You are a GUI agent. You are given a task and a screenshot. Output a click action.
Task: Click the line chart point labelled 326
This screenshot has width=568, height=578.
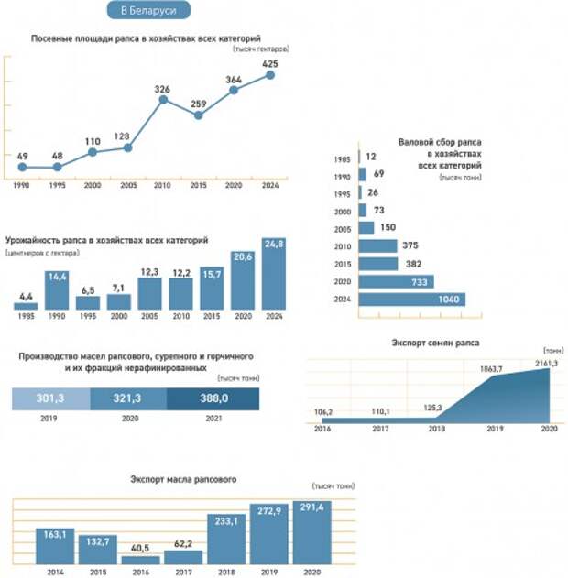click(163, 99)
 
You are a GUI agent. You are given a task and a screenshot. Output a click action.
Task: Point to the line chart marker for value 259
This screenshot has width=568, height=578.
click(199, 115)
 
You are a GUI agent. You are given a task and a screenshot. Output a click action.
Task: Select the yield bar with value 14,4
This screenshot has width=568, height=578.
click(57, 289)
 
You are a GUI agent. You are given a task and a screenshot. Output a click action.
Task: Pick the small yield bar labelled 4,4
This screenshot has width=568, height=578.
click(26, 306)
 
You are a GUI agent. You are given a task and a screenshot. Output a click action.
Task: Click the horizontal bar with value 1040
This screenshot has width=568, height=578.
click(412, 300)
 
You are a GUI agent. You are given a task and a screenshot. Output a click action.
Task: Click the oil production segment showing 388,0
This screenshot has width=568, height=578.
click(213, 399)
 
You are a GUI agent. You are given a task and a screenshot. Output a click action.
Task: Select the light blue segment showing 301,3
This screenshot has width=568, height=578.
click(50, 399)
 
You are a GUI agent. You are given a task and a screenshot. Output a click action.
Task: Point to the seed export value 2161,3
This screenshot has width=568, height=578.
click(548, 363)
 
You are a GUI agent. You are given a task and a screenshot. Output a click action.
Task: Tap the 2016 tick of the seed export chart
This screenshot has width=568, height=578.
click(322, 429)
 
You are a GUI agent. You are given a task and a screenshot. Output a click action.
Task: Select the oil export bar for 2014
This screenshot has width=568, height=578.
click(55, 545)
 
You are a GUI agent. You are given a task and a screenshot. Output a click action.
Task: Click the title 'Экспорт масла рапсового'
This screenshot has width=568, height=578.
click(184, 479)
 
